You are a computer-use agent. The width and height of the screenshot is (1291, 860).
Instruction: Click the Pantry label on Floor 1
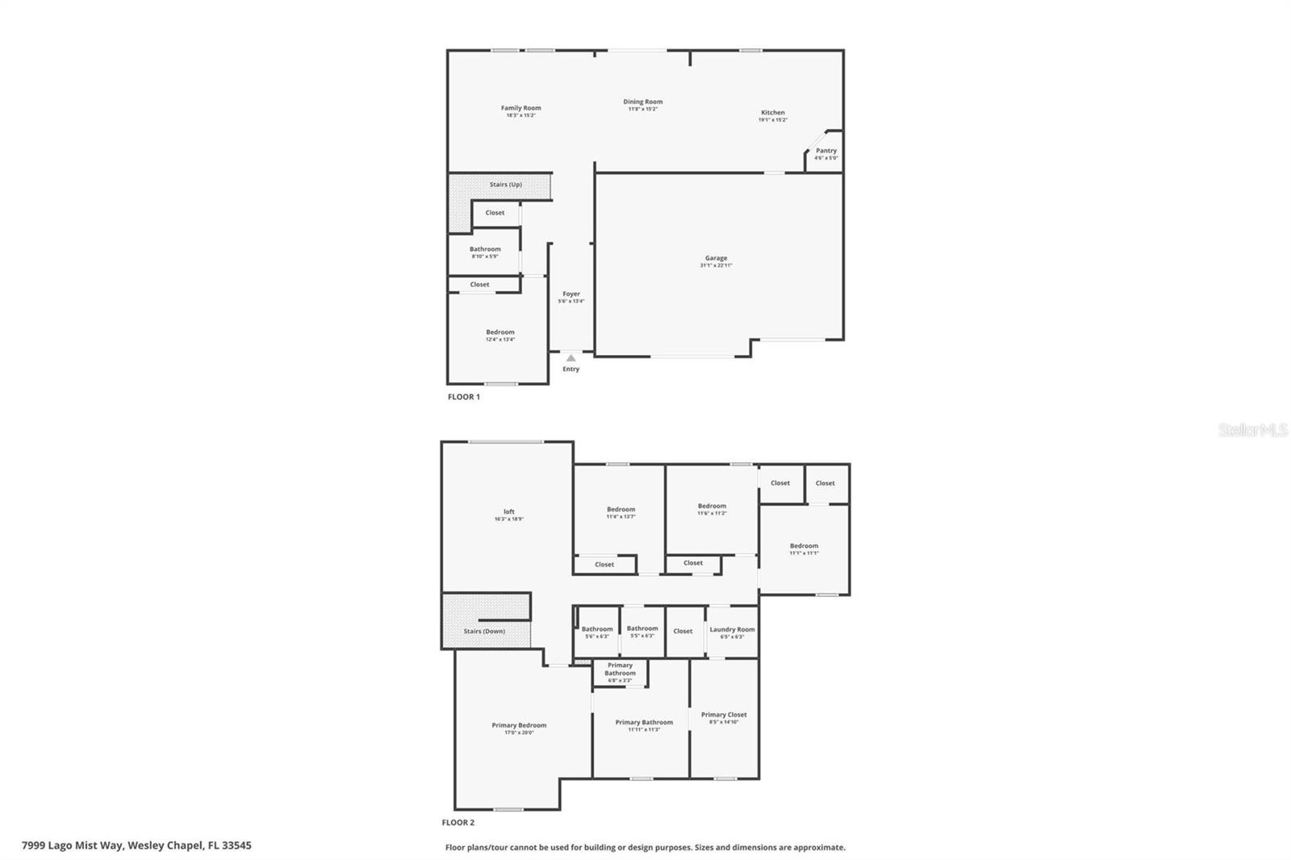tap(825, 151)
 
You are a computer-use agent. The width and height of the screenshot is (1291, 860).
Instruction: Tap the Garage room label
tap(716, 259)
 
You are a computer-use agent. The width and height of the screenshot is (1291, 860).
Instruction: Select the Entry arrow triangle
tap(570, 357)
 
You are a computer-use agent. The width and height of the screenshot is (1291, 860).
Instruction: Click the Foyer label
tap(571, 294)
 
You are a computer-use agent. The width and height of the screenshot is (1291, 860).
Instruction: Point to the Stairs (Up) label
tap(505, 185)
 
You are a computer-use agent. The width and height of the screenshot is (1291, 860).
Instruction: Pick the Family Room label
tap(520, 108)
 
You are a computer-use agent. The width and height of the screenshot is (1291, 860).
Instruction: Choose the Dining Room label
tap(642, 102)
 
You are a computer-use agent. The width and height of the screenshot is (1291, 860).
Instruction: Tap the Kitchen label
tap(772, 113)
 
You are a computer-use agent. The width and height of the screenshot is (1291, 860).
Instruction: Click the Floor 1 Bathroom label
tap(485, 249)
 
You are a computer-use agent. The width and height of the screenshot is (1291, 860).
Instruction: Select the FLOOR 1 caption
tap(463, 397)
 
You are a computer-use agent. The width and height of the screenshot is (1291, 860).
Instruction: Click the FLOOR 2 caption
tap(457, 823)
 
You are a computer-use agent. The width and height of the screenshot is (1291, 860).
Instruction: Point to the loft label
tap(508, 512)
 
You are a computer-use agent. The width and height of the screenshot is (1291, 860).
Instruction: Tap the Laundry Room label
tap(732, 630)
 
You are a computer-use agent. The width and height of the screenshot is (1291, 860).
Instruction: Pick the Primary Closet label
tap(724, 715)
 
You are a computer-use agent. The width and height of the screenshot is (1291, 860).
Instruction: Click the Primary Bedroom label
tap(519, 725)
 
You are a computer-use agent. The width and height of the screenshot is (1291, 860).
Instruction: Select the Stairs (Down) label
tap(484, 631)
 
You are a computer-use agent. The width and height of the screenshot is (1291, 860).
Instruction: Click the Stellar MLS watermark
tap(1252, 430)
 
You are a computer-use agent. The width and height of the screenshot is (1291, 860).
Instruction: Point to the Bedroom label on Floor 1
tap(499, 332)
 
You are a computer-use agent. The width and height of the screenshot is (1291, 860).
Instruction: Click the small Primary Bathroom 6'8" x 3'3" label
tap(620, 670)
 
